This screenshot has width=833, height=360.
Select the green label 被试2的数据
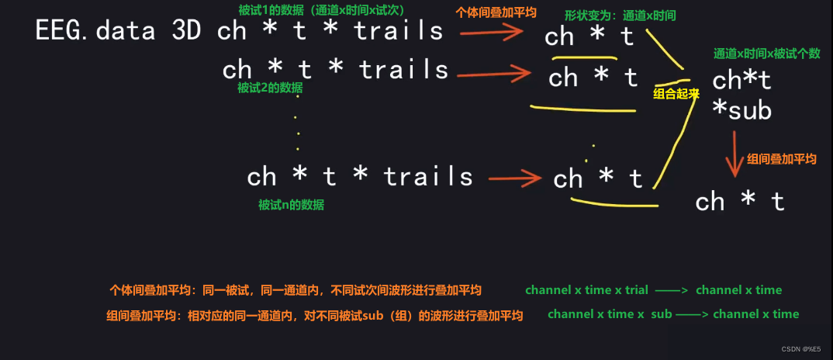coord(270,88)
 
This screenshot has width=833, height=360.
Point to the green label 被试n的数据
coord(291,205)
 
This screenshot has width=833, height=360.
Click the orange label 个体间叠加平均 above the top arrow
coord(496,12)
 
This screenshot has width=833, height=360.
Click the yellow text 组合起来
coord(677,93)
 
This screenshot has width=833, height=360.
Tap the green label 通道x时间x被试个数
coord(766,54)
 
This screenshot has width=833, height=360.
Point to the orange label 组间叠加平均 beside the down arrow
coord(782,158)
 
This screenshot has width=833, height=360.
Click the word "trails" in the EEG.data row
coord(399,31)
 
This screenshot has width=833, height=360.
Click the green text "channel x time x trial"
coord(586,290)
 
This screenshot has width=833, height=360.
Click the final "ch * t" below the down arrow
coord(740,202)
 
